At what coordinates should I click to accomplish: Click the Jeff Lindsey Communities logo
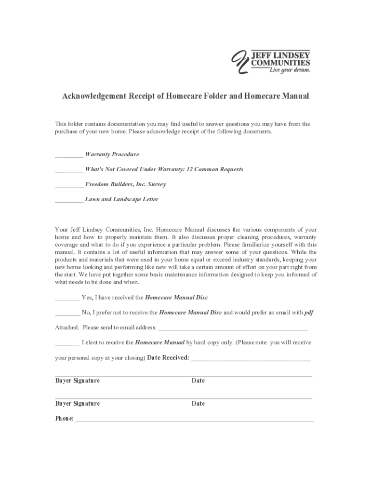point(271,62)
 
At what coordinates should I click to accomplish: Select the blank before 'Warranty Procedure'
point(69,155)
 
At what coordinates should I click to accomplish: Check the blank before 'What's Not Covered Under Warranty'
point(69,170)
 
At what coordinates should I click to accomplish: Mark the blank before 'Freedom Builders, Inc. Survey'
point(69,185)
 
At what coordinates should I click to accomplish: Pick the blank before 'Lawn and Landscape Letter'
point(69,200)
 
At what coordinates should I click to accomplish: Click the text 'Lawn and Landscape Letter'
point(121,199)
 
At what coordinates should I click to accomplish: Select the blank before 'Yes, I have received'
point(67,298)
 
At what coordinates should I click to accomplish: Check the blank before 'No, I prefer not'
point(67,313)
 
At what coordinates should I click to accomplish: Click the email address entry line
point(233,329)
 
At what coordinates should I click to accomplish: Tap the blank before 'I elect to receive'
point(67,343)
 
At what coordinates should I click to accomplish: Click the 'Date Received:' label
point(168,358)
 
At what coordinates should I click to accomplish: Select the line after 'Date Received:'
point(251,359)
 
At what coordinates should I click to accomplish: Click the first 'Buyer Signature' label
point(78,381)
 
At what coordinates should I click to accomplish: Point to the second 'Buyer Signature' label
point(78,403)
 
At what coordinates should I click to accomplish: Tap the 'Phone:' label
point(65,418)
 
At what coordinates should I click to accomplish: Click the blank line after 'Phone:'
point(195,420)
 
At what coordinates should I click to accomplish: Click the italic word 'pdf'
point(309,313)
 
